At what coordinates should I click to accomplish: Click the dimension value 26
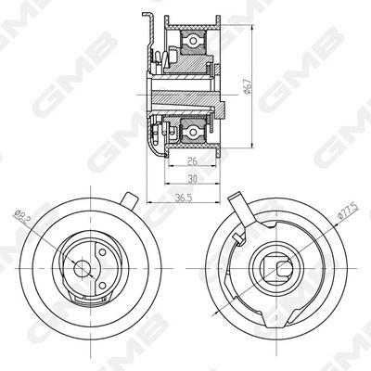coord(192,160)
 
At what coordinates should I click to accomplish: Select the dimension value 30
coord(192,178)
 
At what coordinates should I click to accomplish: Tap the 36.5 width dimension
coord(184,198)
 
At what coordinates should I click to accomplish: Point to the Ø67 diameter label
coord(247,86)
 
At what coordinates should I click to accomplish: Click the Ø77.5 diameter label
coord(349,211)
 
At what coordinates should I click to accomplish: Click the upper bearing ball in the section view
coord(193,41)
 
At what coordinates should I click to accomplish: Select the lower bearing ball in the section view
coord(193,133)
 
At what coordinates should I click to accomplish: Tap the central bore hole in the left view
coord(82,268)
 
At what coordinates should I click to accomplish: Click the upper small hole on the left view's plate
coord(102,252)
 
